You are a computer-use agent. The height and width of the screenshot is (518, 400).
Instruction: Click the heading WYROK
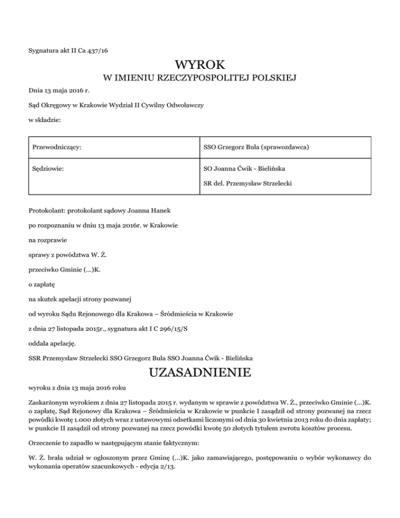pos(200,65)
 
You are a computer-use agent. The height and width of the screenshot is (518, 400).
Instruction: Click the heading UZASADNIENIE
pos(200,373)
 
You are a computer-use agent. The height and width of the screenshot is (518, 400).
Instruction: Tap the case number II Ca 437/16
pos(92,50)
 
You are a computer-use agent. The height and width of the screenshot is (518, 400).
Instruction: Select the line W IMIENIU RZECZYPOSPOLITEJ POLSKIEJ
pos(200,79)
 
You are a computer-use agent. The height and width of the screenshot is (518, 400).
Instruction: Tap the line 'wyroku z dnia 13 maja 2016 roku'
pos(77,389)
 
